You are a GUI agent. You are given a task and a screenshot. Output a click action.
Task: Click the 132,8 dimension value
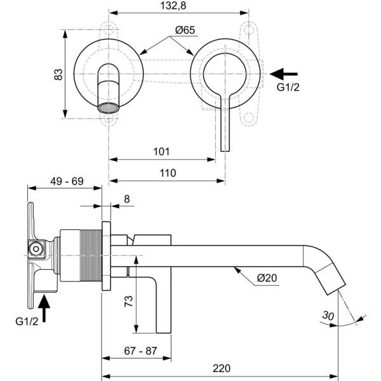[173, 5]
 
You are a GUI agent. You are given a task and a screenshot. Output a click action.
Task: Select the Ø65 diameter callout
[185, 30]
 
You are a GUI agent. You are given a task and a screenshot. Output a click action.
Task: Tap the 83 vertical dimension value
[58, 74]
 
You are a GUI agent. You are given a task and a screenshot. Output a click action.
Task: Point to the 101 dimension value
[161, 152]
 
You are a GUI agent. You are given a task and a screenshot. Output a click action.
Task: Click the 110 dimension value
[168, 173]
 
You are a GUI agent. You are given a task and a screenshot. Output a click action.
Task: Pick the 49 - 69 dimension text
[67, 181]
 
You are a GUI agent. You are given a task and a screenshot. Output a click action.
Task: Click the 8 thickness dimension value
[127, 199]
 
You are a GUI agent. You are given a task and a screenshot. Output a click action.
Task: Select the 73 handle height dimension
[128, 301]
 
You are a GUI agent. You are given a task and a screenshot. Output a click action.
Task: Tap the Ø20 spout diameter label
[267, 278]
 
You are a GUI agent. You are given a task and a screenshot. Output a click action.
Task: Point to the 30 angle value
[328, 316]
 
